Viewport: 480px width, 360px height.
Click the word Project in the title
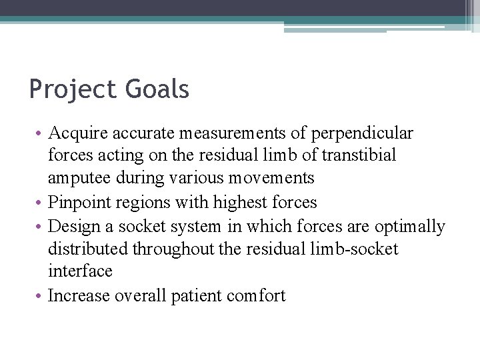(x=73, y=89)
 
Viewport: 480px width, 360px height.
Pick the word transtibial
(x=359, y=156)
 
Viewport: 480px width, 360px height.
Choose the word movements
(x=271, y=179)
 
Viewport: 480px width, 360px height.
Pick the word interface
(x=80, y=271)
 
